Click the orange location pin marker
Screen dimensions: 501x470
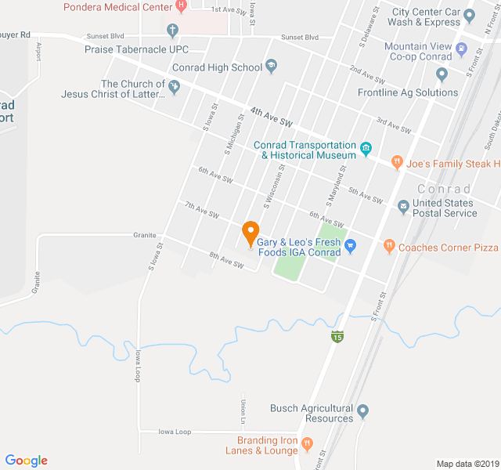[x=250, y=232]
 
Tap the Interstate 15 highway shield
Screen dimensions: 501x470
[x=337, y=337]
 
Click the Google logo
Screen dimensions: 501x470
[x=27, y=461]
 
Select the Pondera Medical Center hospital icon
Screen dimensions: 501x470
[x=182, y=6]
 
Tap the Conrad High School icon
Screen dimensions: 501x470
[x=272, y=67]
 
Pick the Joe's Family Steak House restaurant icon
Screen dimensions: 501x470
[x=397, y=163]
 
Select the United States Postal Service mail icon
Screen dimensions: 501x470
[x=403, y=207]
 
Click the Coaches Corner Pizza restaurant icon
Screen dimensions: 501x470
[x=389, y=247]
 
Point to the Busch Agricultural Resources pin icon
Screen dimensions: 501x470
[x=362, y=410]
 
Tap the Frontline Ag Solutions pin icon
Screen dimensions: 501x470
[x=442, y=75]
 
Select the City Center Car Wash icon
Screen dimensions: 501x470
[x=470, y=15]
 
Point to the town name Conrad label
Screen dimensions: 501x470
[x=444, y=190]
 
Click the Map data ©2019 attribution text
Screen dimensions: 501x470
[x=467, y=464]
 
